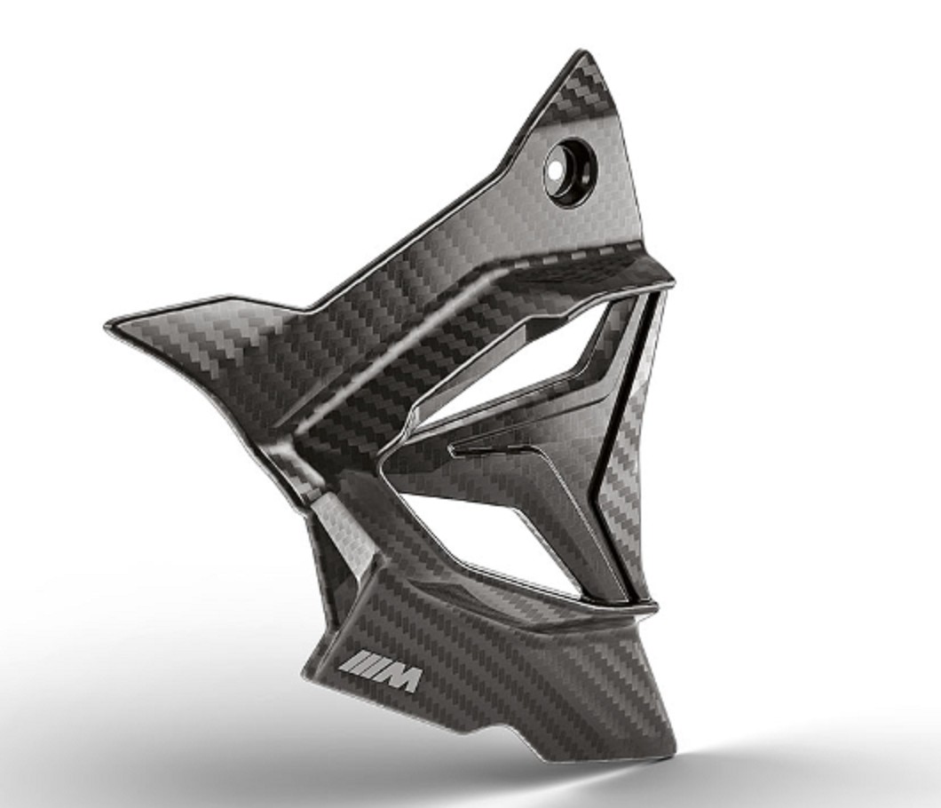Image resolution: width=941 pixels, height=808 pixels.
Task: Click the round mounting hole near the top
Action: coord(570,168)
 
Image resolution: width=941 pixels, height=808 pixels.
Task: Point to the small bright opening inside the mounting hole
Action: coord(554,170)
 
